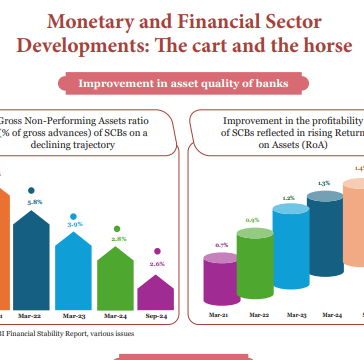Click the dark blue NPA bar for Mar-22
[35, 250]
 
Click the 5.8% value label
[34, 201]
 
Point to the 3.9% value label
[75, 225]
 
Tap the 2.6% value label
[158, 264]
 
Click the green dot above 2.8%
[117, 229]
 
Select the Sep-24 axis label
[158, 314]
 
